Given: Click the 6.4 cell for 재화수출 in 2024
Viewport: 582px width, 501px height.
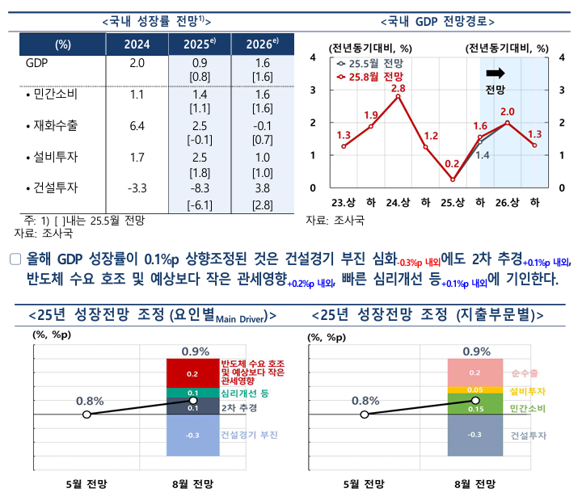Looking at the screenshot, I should (x=137, y=126).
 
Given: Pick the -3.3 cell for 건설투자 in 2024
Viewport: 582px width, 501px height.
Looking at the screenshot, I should (x=137, y=189).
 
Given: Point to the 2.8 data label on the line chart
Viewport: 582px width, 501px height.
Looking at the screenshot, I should (x=398, y=87).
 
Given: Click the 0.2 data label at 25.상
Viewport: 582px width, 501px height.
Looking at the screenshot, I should (x=452, y=163).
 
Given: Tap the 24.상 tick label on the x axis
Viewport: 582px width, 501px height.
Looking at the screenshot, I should (x=398, y=202).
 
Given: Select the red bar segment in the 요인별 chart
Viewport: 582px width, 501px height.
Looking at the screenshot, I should (x=192, y=373).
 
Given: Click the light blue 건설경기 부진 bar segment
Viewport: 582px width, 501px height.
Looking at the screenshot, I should (x=192, y=435).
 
